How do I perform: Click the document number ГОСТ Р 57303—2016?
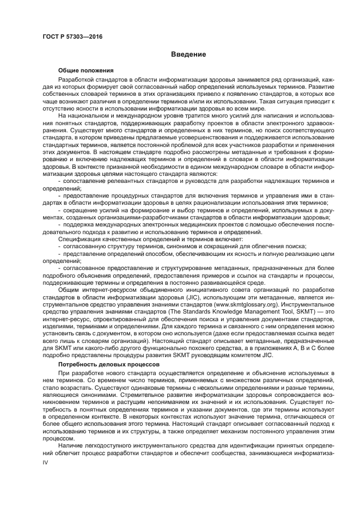tap(72, 36)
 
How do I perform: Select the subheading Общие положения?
tap(86, 71)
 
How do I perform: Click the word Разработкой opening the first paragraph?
tap(75, 80)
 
